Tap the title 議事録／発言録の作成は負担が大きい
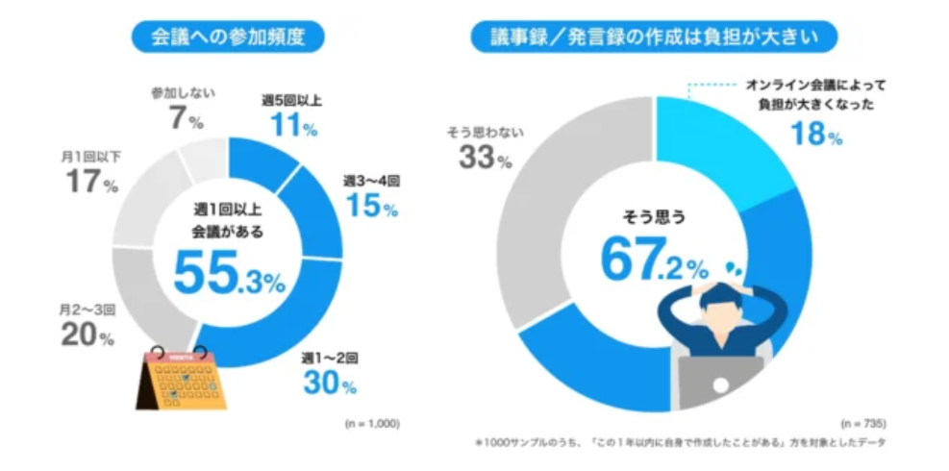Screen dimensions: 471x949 pyautogui.click(x=654, y=37)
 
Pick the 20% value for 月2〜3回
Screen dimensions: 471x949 pyautogui.click(x=87, y=336)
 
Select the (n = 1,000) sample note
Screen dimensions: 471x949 pyautogui.click(x=370, y=423)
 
